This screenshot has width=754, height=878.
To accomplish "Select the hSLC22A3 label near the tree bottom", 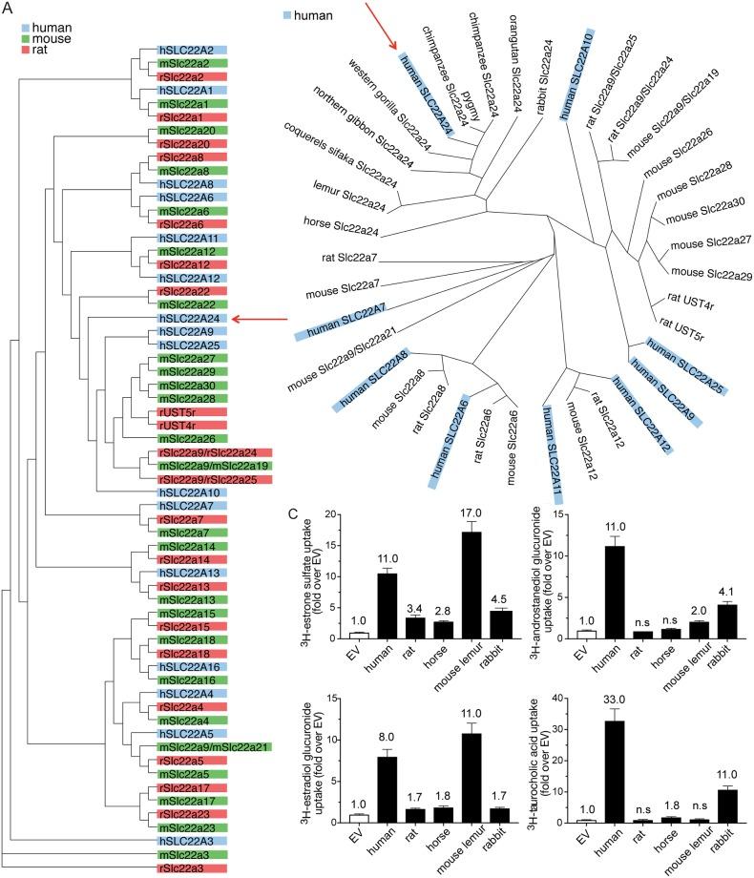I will click(x=189, y=840).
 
